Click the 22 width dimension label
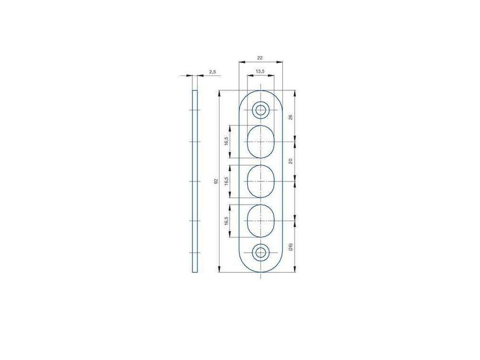[260, 58]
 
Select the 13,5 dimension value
[260, 71]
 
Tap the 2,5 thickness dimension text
[212, 72]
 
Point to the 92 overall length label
[216, 181]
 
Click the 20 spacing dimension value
[291, 161]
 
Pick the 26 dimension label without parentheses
[291, 117]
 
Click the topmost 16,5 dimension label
[226, 142]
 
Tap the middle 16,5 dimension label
[226, 181]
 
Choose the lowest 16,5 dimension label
[226, 221]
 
